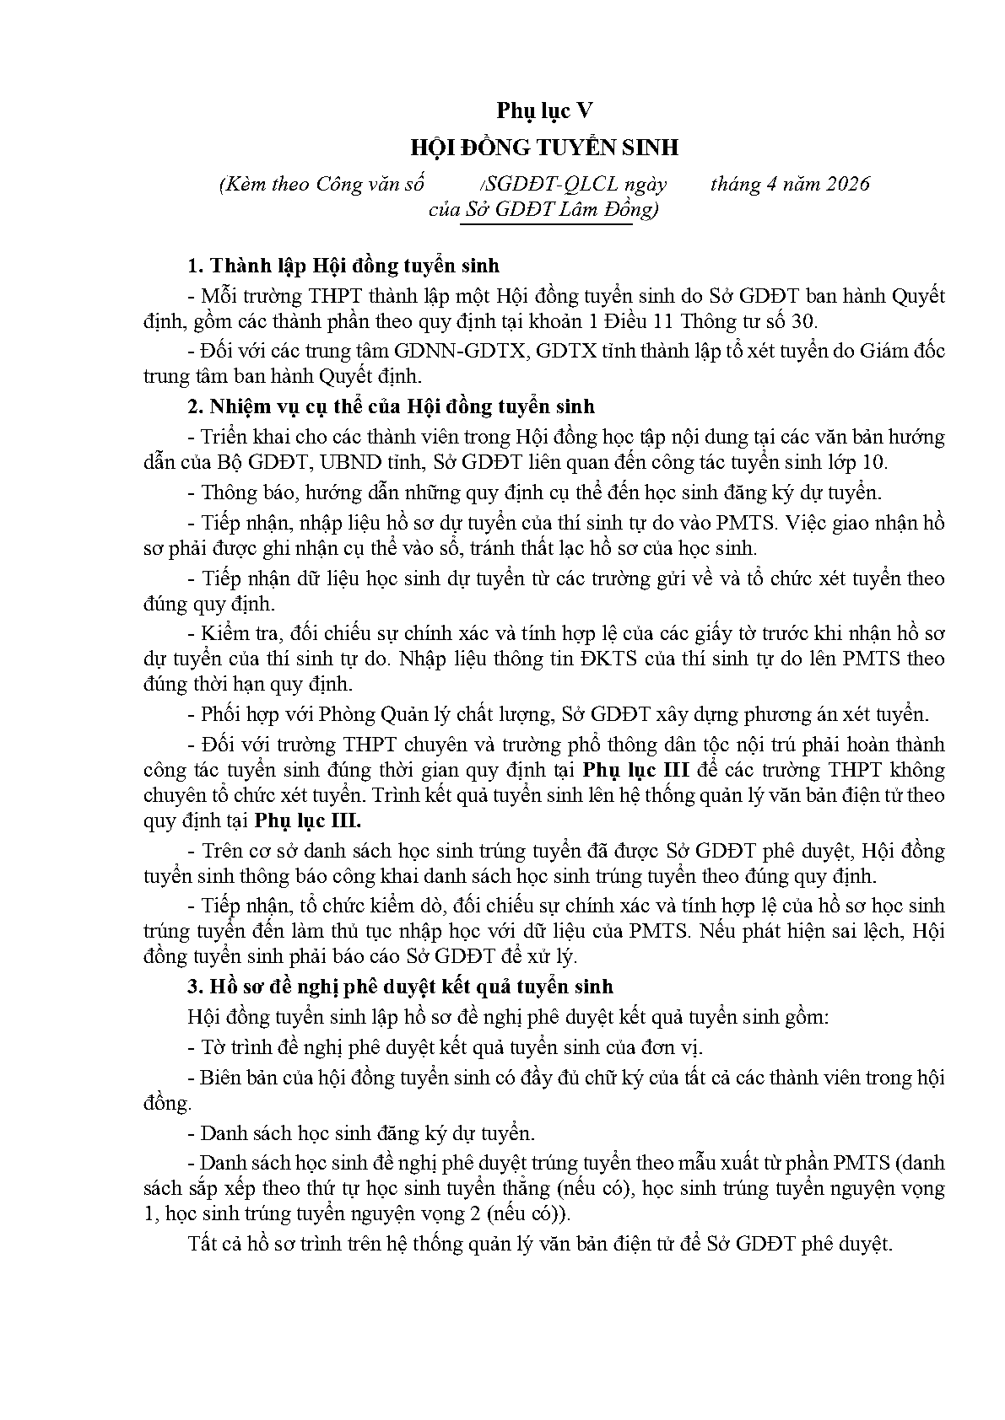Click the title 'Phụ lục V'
click(544, 110)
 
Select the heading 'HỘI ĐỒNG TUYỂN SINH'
click(544, 148)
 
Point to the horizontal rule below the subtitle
click(547, 225)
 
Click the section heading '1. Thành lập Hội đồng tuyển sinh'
click(343, 266)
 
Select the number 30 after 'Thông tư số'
click(802, 321)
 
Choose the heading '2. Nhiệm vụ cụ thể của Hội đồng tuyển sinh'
click(391, 406)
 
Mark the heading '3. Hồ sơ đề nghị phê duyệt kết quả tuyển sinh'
click(400, 987)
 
